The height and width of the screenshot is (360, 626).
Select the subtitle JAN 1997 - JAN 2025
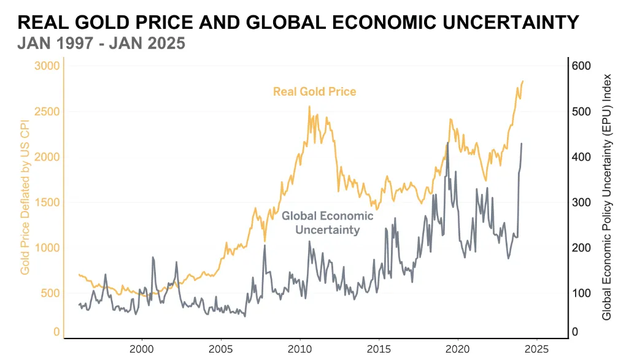pyautogui.click(x=101, y=44)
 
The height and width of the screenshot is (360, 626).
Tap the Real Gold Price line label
pyautogui.click(x=314, y=92)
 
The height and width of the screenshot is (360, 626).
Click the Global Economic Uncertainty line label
pyautogui.click(x=327, y=223)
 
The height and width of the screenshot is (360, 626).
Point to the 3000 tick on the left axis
pyautogui.click(x=47, y=66)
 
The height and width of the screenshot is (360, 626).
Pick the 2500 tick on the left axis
pyautogui.click(x=47, y=112)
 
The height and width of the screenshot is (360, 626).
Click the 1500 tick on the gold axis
pyautogui.click(x=47, y=202)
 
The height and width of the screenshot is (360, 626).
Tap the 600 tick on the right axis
pyautogui.click(x=582, y=66)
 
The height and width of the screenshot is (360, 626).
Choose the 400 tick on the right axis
pyautogui.click(x=582, y=157)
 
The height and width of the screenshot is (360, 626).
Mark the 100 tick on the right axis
pyautogui.click(x=582, y=293)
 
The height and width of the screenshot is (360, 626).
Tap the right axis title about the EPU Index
pyautogui.click(x=607, y=197)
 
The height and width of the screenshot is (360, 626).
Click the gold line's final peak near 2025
pyautogui.click(x=523, y=81)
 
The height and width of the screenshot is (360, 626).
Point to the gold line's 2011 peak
pyautogui.click(x=309, y=107)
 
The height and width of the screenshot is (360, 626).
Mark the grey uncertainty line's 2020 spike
pyautogui.click(x=447, y=142)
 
